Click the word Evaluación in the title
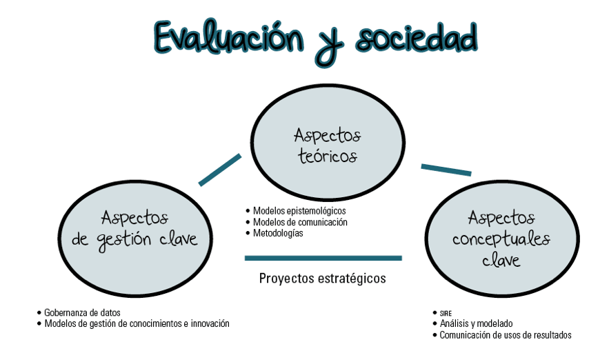229,37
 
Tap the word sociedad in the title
417,38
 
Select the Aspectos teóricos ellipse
328,142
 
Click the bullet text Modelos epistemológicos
299,211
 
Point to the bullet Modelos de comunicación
300,222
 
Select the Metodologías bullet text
278,233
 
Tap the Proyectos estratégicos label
322,278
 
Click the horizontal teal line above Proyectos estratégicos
323,258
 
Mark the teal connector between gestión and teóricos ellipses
220,170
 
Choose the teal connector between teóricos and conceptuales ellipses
446,170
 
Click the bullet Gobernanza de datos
82,312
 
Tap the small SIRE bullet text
446,313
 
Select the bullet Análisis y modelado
476,323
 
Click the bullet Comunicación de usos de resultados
506,335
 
